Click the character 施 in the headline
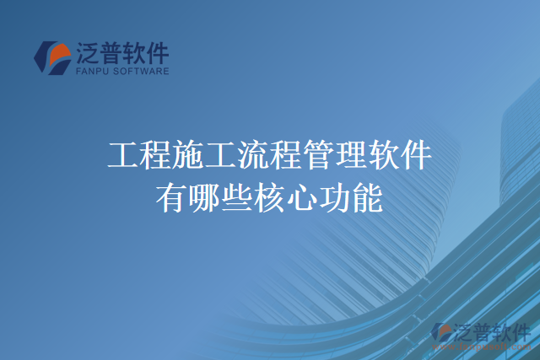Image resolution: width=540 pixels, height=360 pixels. [189, 156]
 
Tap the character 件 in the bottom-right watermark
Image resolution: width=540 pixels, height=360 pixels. [521, 330]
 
